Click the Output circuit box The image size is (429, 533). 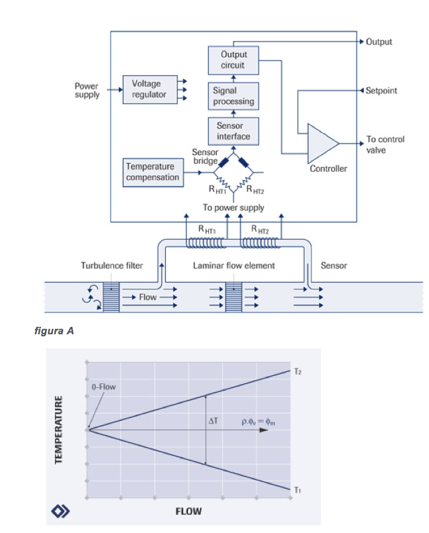tap(233, 60)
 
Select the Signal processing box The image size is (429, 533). tap(234, 96)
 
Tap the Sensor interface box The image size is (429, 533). tap(234, 131)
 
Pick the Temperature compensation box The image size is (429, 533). tap(152, 172)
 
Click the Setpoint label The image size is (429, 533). tap(381, 90)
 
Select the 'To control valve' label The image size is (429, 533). tap(385, 145)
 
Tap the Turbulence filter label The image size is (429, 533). tap(112, 266)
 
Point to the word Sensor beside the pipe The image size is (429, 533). tap(334, 266)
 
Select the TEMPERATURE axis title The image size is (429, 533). tap(59, 429)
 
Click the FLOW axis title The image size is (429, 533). tap(189, 511)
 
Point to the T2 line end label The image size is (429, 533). tap(297, 370)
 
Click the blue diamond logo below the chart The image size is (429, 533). tap(59, 512)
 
